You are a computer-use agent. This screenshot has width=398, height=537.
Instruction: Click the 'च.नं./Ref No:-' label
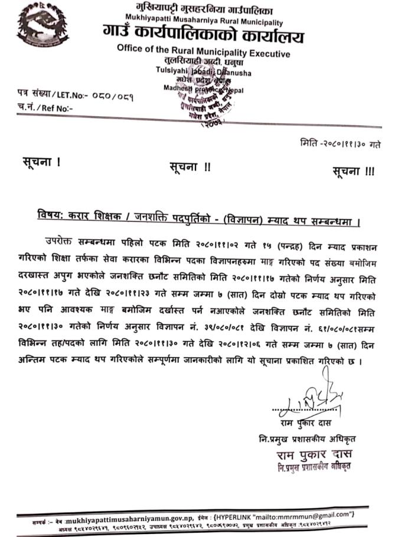(x=47, y=109)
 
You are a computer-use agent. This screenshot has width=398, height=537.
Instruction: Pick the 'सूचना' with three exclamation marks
(x=353, y=172)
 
